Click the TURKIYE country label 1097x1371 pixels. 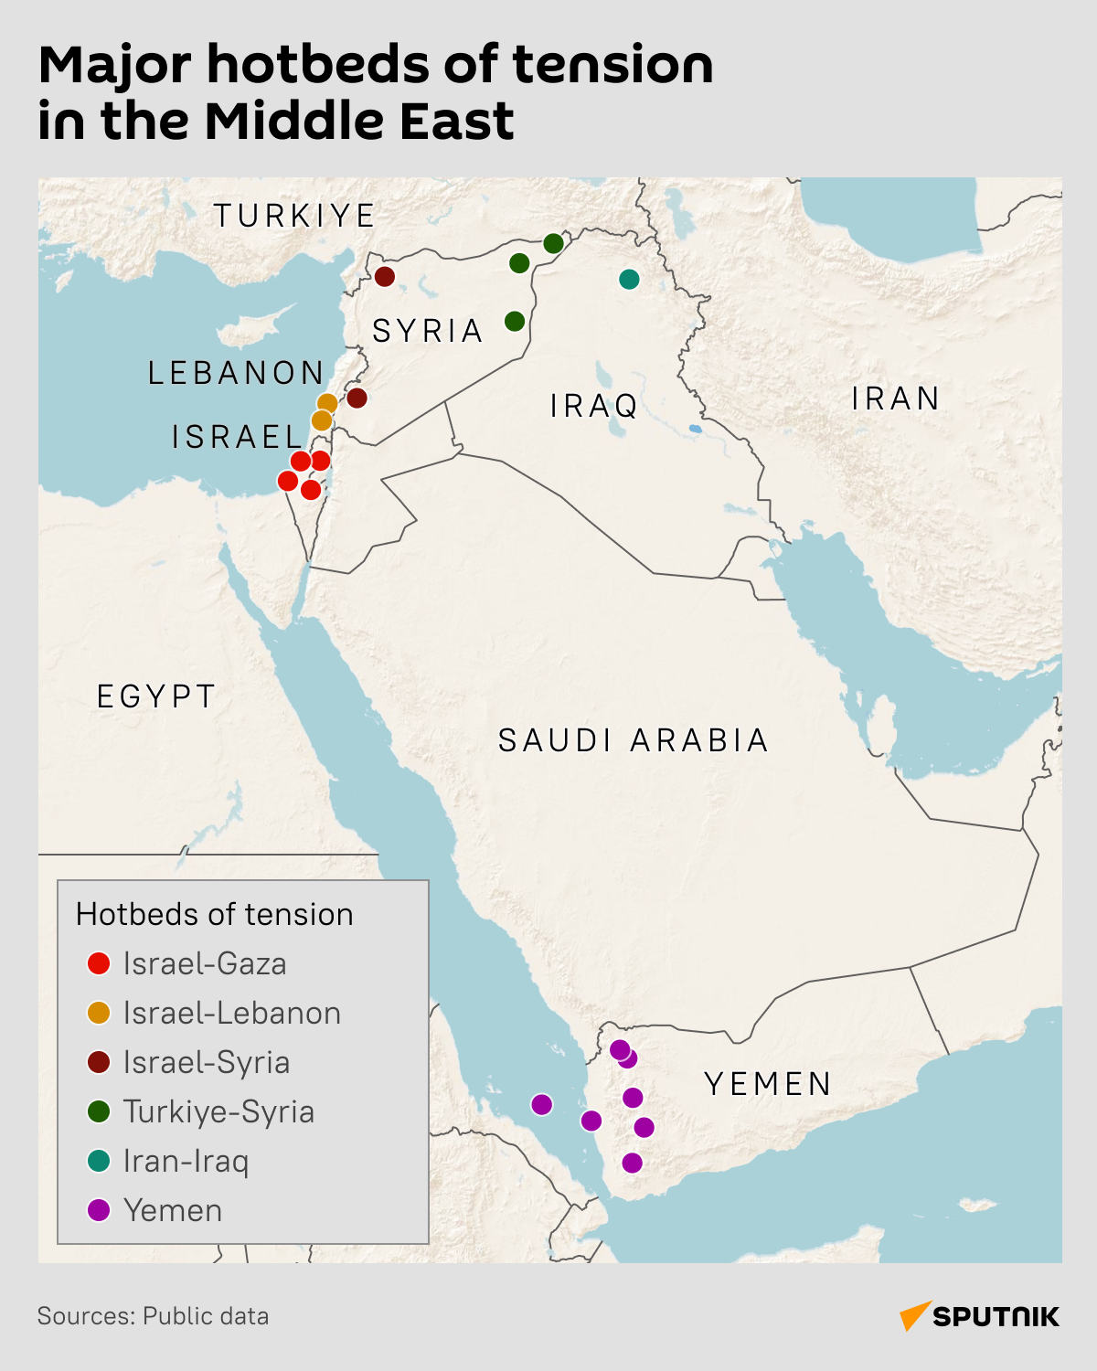click(294, 216)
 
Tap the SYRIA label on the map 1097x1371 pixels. click(428, 331)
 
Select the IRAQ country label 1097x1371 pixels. click(594, 406)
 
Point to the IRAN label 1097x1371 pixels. click(896, 399)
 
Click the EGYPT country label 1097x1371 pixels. click(156, 696)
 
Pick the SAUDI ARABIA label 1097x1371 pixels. click(634, 740)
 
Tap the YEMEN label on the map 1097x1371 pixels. click(768, 1084)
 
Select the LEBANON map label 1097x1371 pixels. click(236, 373)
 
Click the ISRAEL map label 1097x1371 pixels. click(237, 437)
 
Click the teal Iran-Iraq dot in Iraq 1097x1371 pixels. click(629, 279)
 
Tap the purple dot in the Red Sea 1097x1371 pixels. click(542, 1104)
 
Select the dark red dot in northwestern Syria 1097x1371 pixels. click(385, 276)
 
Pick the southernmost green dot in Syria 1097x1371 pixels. click(515, 321)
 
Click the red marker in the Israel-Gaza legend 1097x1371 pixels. click(99, 963)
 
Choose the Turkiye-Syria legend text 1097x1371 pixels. click(218, 1111)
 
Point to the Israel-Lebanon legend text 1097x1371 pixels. click(231, 1013)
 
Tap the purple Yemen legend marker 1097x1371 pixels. click(99, 1210)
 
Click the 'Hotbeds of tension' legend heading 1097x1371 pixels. click(214, 914)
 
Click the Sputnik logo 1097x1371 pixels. click(979, 1316)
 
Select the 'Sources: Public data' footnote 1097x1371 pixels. click(153, 1316)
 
